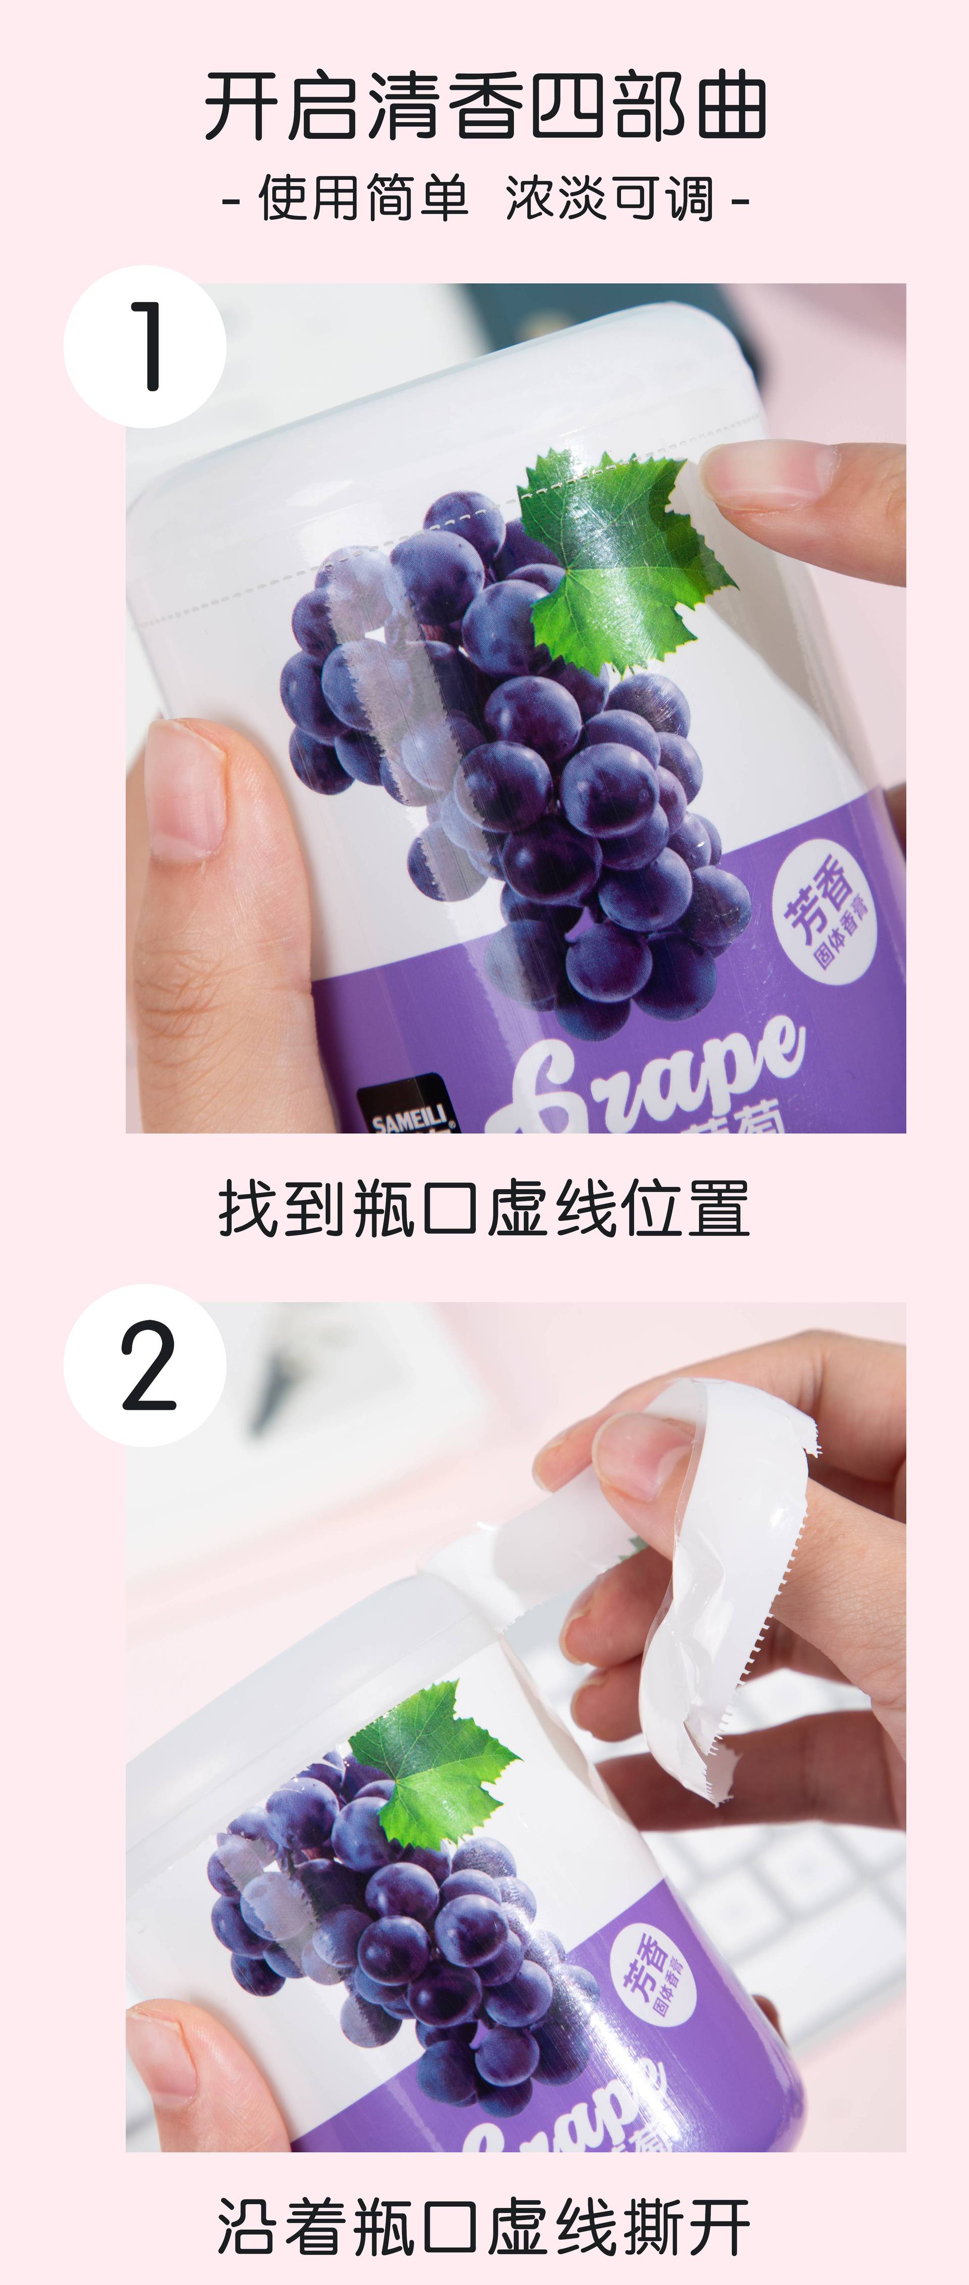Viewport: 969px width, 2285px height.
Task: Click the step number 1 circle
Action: point(144,346)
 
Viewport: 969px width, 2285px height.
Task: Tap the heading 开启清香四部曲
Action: point(485,107)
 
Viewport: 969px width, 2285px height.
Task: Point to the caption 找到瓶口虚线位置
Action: point(485,1208)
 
